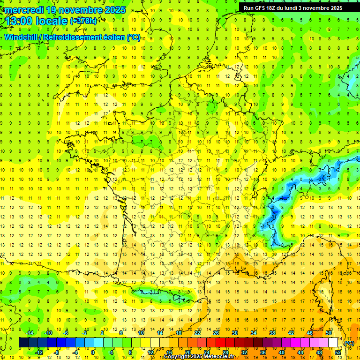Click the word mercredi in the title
tap(24, 10)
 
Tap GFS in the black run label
tap(261, 8)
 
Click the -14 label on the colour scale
tap(29, 333)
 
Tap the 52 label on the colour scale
tap(338, 352)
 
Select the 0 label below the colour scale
tap(93, 352)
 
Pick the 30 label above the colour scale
tap(235, 333)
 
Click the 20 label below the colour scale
tap(187, 352)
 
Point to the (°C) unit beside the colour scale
tap(349, 343)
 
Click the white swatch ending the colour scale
tap(333, 343)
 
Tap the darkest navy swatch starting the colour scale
tap(24, 343)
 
